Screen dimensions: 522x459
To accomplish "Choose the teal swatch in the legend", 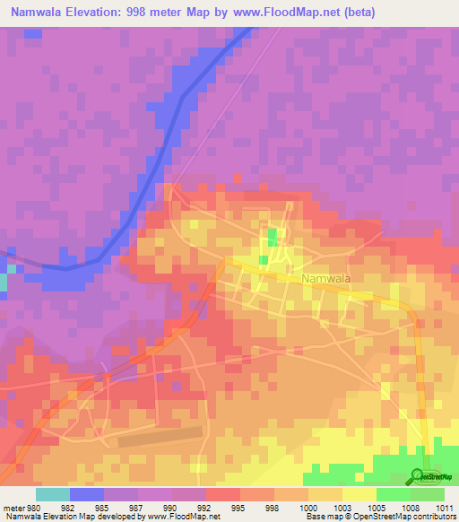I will (x=53, y=494).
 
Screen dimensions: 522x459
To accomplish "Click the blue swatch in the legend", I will (x=87, y=494).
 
